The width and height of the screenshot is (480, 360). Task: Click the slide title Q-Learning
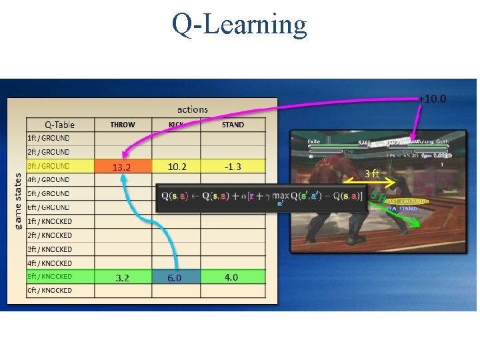239,25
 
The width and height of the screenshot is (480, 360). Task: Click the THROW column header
123,125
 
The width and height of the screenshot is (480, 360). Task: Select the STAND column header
233,125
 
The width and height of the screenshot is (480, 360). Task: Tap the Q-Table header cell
59,125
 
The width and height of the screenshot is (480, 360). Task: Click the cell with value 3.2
123,277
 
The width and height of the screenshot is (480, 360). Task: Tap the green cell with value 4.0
231,277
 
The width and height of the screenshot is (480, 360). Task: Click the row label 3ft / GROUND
48,166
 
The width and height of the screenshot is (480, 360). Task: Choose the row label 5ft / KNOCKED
50,277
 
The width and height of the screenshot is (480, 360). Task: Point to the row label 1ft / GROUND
48,138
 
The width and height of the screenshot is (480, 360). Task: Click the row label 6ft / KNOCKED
50,291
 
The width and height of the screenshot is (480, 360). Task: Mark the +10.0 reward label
433,99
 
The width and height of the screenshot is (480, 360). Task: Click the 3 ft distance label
371,173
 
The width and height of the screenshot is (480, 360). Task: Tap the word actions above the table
193,109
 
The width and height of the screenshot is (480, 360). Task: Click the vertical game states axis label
18,200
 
